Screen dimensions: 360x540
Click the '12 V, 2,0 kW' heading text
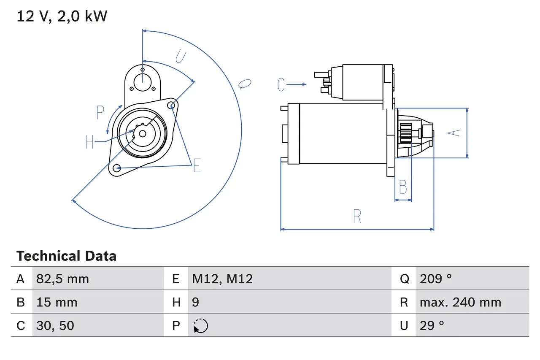tap(62, 16)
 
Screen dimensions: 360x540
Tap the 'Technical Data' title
tap(66, 256)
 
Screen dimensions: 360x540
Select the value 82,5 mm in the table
tap(62, 279)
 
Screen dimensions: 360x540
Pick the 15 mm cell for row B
tap(57, 302)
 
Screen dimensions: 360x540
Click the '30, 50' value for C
tap(55, 325)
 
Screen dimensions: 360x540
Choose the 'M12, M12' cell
tap(222, 279)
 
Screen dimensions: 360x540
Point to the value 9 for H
tap(196, 302)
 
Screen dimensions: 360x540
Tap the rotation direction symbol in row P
tap(201, 326)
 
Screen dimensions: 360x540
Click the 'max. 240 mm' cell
tap(460, 302)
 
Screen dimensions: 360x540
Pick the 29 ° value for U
tap(432, 325)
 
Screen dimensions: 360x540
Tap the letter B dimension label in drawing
tap(403, 187)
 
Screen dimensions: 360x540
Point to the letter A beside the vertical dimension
tap(454, 133)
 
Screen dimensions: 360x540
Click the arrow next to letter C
tap(297, 85)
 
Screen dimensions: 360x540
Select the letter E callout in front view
tap(197, 166)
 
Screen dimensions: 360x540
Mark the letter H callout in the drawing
tap(89, 142)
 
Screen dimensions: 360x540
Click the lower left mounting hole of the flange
tap(117, 168)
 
